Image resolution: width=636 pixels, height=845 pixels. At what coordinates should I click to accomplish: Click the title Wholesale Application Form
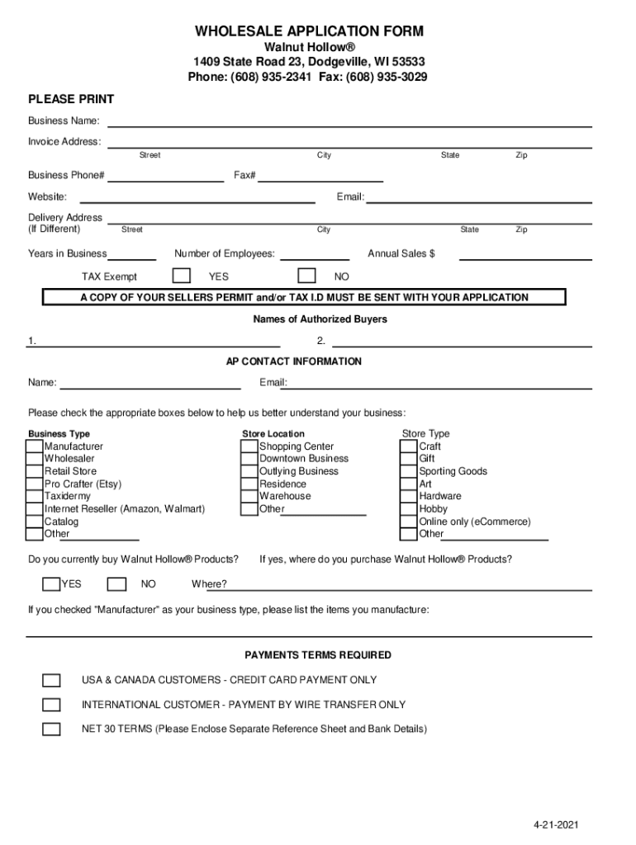pos(309,32)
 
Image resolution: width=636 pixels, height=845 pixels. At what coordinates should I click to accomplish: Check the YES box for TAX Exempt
pos(182,276)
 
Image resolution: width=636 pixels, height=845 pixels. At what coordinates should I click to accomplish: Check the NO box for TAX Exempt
pos(306,276)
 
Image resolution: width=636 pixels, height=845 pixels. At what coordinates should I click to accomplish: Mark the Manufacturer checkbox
pos(35,446)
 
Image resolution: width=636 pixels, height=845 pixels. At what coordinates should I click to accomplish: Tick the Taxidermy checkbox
pos(35,497)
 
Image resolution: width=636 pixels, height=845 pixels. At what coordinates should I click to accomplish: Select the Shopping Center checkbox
pos(249,446)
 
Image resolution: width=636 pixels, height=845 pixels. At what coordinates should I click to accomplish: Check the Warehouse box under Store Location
pos(249,497)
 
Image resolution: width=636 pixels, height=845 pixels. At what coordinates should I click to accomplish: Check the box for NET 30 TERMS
pos(51,729)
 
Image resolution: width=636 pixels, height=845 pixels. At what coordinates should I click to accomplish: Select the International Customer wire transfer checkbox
pos(51,705)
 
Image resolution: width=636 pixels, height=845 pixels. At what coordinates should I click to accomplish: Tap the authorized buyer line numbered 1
pos(157,343)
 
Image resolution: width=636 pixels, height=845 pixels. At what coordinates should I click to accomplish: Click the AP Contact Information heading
pos(294,361)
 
